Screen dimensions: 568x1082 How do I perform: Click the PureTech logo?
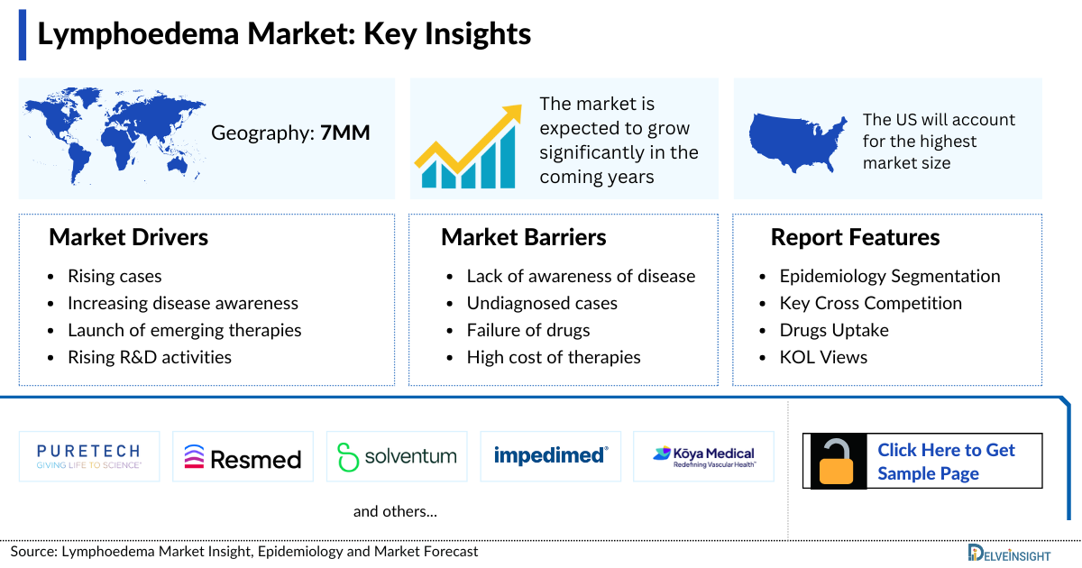tap(89, 456)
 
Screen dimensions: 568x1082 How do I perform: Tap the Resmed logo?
tap(243, 457)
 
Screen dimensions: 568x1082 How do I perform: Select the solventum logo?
tap(396, 457)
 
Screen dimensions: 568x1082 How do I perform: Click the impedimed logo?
tap(550, 455)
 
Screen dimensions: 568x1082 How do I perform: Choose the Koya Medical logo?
tap(703, 457)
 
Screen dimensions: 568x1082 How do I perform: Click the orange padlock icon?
tap(838, 462)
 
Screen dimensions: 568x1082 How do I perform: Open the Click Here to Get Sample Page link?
tap(946, 462)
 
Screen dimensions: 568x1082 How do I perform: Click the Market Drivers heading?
tap(128, 237)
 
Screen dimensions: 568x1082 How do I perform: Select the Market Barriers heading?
tap(523, 237)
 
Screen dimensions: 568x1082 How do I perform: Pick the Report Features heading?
tap(854, 237)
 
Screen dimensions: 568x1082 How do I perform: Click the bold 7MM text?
tap(345, 133)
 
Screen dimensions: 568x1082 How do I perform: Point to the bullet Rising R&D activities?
tap(149, 357)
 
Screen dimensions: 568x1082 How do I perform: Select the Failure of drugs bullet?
tap(527, 330)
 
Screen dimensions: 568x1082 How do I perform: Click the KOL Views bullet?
tap(823, 357)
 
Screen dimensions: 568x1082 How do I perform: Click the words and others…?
tap(395, 511)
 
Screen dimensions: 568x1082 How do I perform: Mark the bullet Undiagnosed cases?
tap(541, 303)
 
